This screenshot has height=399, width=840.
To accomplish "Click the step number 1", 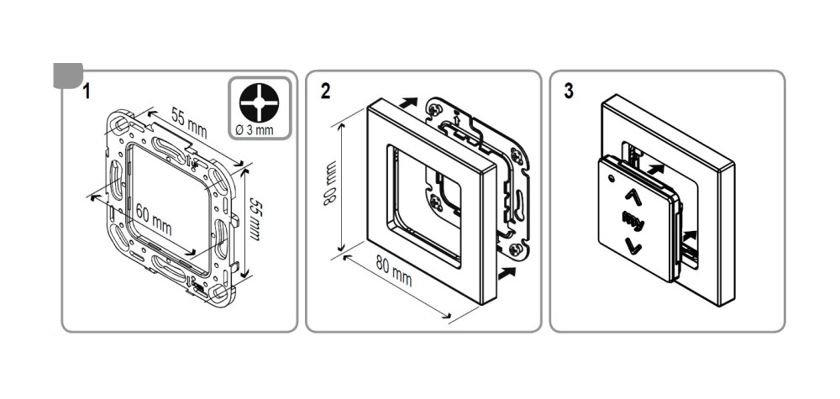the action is coord(87,91).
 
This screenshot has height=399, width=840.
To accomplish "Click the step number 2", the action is coord(326,91).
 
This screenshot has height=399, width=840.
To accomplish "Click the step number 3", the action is coord(569,91).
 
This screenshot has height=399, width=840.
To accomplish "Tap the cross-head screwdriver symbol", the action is coord(260,102).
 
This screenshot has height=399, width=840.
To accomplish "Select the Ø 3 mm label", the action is coord(255,129).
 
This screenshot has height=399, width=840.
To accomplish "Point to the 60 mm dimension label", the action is coord(154,219).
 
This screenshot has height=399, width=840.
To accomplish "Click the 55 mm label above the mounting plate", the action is coord(189,123).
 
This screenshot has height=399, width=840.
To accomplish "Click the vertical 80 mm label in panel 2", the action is coord(329,181).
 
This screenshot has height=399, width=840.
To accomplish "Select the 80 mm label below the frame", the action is coord(394,271).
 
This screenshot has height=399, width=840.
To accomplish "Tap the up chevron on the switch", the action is coord(633,196).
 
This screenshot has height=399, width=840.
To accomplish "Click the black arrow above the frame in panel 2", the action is coord(408,102).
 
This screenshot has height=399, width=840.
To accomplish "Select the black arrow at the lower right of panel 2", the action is coord(507,273).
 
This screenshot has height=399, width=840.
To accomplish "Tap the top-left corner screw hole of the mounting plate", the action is coord(121,124).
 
